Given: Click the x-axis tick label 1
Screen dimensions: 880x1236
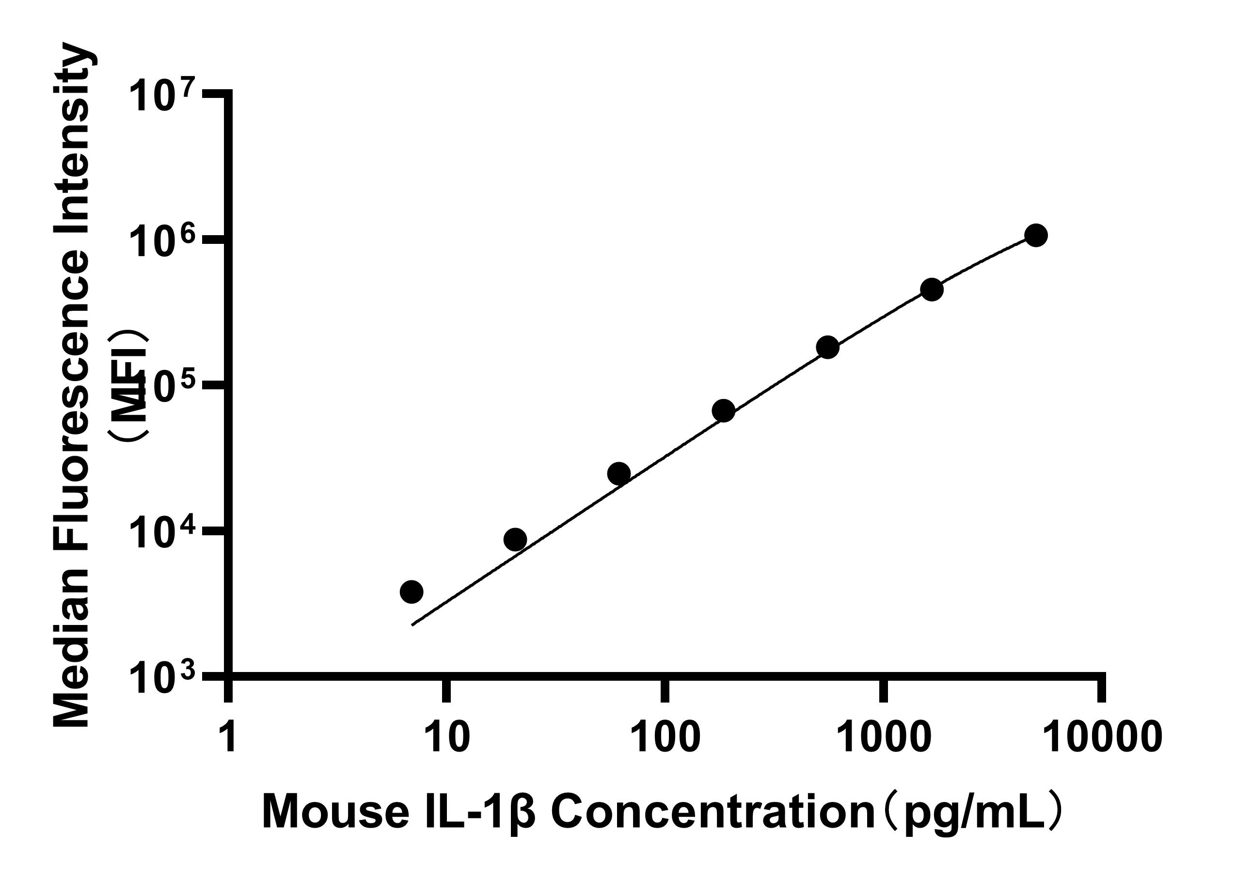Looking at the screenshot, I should pyautogui.click(x=230, y=736).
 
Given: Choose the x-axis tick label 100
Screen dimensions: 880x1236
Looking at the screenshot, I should pyautogui.click(x=666, y=736).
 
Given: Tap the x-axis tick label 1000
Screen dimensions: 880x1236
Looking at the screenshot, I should pyautogui.click(x=884, y=736).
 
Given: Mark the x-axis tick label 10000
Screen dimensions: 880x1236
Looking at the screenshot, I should pyautogui.click(x=1102, y=736).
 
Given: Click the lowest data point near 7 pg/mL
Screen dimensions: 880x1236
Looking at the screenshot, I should pyautogui.click(x=412, y=592).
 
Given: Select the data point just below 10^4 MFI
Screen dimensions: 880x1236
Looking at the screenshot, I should pyautogui.click(x=515, y=539).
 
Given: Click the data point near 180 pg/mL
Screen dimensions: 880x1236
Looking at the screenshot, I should pyautogui.click(x=724, y=411).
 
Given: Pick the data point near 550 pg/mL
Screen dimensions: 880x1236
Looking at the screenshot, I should pyautogui.click(x=827, y=347).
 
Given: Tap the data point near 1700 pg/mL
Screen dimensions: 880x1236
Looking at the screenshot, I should pyautogui.click(x=932, y=290).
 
